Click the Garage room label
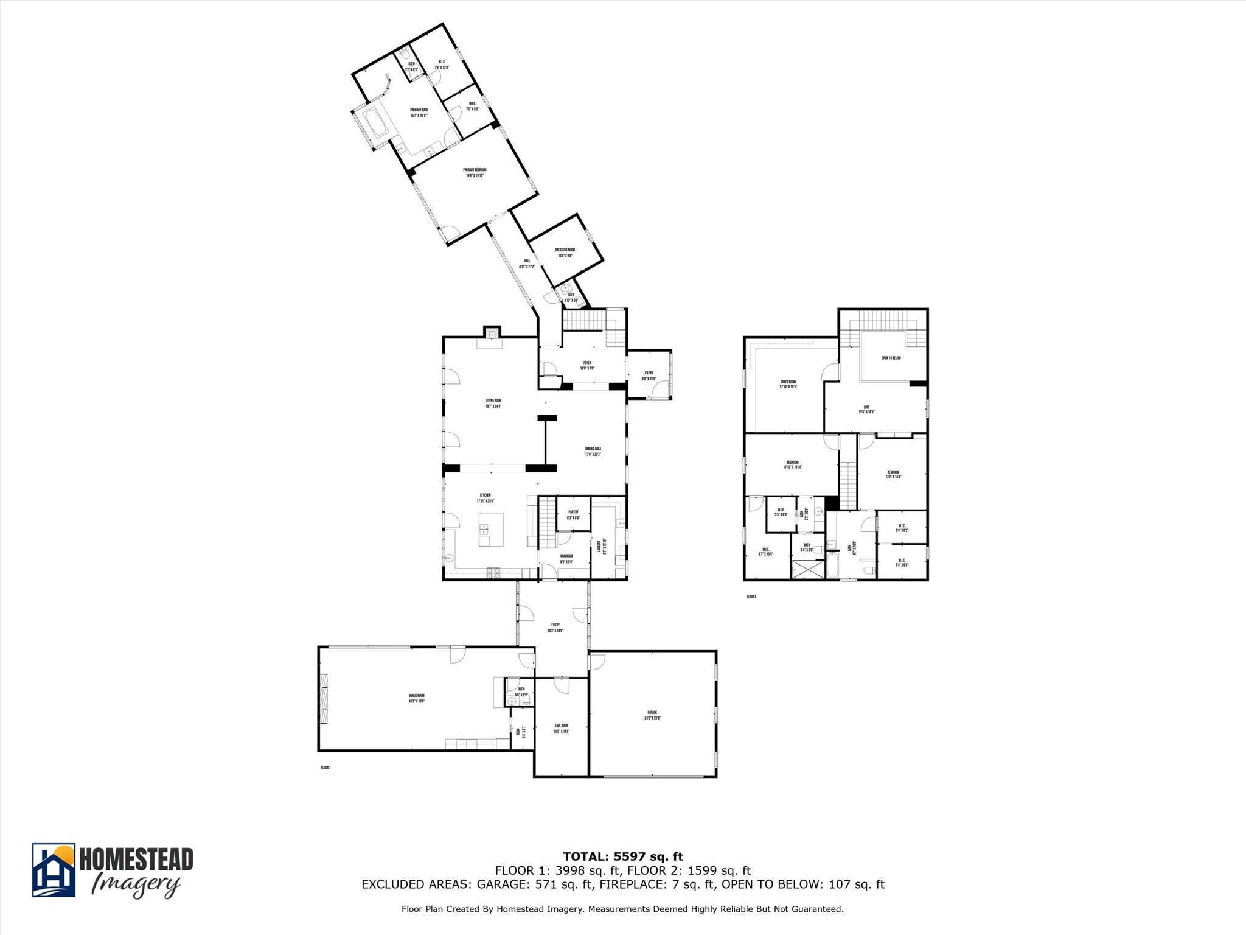652,715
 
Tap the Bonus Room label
417,698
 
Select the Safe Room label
561,728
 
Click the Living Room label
493,403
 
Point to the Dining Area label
593,451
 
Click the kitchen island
491,529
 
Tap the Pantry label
573,514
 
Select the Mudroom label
566,558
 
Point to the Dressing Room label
565,253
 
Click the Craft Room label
788,384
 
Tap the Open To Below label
891,358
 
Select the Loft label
866,409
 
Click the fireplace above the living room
491,332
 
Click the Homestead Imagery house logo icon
54,870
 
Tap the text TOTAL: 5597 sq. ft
622,857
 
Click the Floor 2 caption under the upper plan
751,597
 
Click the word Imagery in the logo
135,884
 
